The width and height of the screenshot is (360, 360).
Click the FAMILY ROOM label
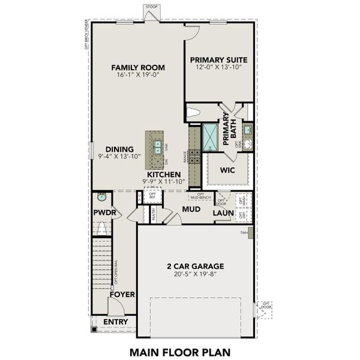click(138, 67)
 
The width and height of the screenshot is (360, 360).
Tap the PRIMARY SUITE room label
click(219, 60)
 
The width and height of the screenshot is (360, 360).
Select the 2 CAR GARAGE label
click(195, 266)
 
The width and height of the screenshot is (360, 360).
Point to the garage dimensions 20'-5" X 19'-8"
click(195, 275)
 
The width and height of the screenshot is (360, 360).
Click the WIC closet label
click(227, 170)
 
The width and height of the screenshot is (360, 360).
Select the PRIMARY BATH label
click(230, 130)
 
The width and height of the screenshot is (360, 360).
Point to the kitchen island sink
click(157, 145)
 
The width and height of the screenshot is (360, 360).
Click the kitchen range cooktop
click(194, 156)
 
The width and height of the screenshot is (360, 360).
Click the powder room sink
click(101, 196)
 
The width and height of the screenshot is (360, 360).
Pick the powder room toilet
click(102, 228)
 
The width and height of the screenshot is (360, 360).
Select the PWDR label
click(103, 212)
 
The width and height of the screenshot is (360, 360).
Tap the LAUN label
click(223, 212)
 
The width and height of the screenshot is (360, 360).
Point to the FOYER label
click(122, 295)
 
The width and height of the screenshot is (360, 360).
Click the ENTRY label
click(115, 322)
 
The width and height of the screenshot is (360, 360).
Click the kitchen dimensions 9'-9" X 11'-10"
click(164, 181)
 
